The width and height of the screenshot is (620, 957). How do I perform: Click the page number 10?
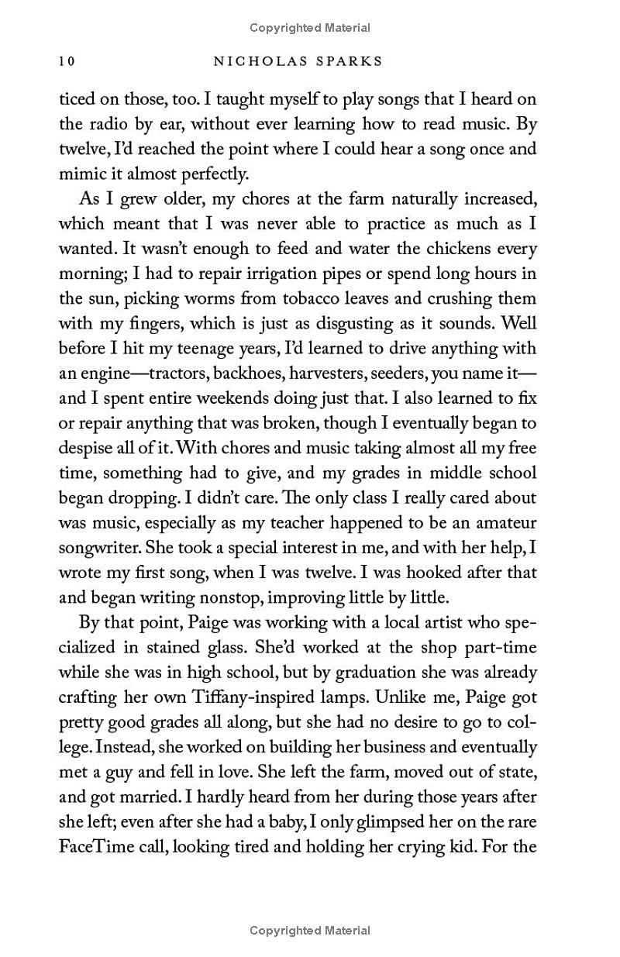[66, 60]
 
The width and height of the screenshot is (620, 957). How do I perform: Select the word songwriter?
[98, 548]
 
